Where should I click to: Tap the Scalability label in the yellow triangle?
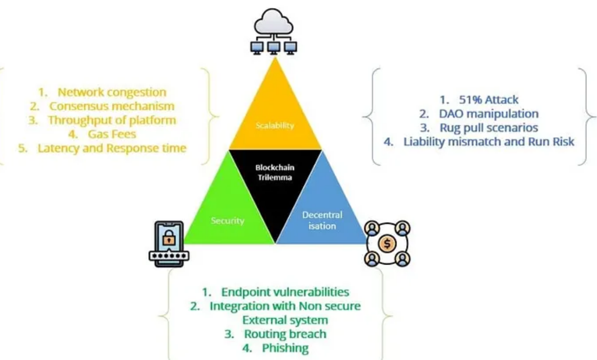[x=275, y=125]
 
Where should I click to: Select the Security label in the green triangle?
[x=228, y=221]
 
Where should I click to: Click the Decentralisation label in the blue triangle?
[x=322, y=221]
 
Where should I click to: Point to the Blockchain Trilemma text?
[x=275, y=172]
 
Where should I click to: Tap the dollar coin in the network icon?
[x=387, y=244]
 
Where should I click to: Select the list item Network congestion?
[x=112, y=92]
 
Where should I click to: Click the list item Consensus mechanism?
[x=112, y=107]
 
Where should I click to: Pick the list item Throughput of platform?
[x=112, y=120]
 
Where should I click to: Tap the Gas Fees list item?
[x=112, y=134]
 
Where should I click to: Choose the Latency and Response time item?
[x=112, y=148]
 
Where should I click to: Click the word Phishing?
[x=285, y=348]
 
